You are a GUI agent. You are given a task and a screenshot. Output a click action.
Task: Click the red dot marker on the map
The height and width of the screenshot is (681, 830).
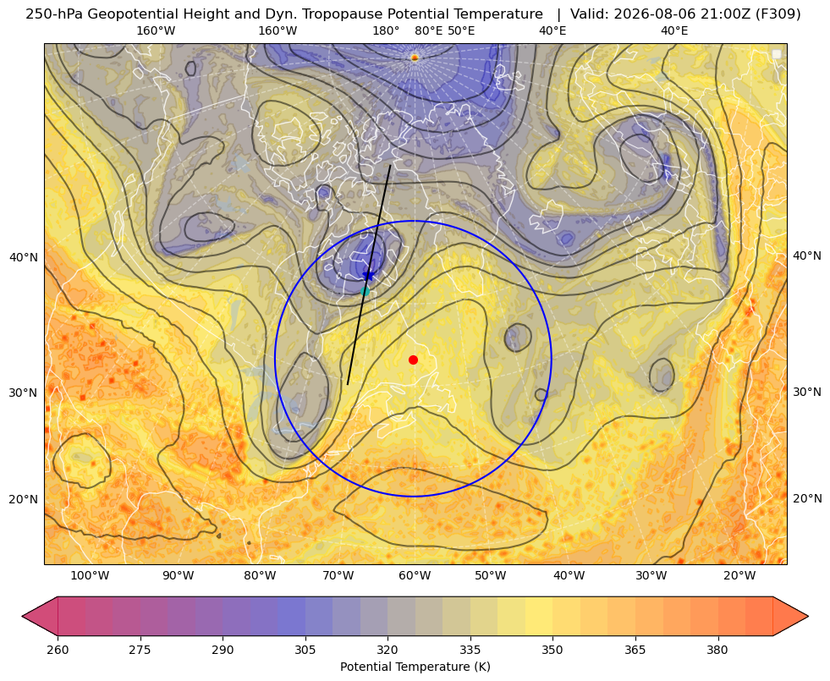coord(414,360)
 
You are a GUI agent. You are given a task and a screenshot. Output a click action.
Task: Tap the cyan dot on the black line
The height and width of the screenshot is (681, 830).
coord(365,291)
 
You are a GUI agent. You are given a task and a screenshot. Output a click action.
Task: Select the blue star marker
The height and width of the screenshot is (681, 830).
coord(369,275)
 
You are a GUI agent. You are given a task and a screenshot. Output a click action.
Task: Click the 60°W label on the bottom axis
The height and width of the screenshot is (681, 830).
coord(414,575)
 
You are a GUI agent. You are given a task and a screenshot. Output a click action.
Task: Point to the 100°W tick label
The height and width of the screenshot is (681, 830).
coord(90,575)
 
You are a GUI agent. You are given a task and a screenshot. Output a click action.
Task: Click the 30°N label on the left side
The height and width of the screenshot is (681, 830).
coord(24,393)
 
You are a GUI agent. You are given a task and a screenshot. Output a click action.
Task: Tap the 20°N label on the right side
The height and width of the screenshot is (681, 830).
coord(807,498)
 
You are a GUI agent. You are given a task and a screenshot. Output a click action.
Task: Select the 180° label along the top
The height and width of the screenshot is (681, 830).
coord(386,30)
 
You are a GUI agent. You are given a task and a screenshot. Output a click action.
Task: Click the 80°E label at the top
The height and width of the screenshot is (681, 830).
coord(428,30)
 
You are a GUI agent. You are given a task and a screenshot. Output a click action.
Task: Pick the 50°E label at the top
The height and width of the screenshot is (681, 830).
coord(461,30)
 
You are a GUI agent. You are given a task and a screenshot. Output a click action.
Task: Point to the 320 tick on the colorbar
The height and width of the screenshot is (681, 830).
coord(388,650)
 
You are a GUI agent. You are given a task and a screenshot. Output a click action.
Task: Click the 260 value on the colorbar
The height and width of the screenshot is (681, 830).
coord(58,650)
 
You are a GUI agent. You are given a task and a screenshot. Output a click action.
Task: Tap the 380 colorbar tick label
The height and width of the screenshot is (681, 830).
coord(717,650)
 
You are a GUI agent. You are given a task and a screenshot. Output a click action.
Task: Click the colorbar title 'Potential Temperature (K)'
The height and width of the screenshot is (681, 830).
coord(415,667)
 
